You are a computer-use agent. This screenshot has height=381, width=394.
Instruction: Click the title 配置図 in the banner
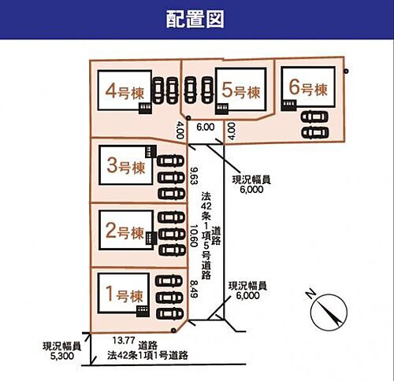(x=195, y=19)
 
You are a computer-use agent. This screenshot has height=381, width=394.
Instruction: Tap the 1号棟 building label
(x=125, y=294)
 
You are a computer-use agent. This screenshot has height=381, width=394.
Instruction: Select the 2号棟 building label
(x=125, y=231)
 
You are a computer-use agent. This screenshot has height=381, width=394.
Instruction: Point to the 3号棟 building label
(x=126, y=166)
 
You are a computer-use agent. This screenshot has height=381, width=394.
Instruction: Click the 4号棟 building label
(x=125, y=92)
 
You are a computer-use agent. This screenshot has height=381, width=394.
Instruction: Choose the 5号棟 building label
(x=240, y=91)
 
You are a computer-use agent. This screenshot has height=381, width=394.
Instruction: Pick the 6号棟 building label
(x=308, y=88)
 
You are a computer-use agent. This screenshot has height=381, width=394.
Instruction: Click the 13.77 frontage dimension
(x=124, y=341)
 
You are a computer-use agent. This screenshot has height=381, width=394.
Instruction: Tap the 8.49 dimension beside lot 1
(x=194, y=289)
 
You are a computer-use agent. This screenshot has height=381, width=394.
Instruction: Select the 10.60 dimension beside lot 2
(x=194, y=236)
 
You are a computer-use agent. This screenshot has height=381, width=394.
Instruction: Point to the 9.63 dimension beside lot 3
(x=194, y=176)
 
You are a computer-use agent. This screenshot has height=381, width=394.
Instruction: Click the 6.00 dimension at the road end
(x=206, y=127)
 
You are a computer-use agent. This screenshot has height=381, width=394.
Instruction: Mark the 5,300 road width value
(x=62, y=356)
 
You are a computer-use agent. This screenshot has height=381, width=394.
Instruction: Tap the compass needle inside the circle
(x=331, y=313)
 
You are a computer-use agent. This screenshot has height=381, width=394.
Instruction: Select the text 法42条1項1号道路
(x=147, y=356)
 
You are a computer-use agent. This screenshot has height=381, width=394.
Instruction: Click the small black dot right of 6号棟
(x=346, y=71)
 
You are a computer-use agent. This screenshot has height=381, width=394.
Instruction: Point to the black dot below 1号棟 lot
(x=173, y=330)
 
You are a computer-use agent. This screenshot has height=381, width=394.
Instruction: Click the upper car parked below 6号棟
(x=314, y=117)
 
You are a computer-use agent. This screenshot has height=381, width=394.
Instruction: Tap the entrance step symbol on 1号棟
(x=143, y=311)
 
